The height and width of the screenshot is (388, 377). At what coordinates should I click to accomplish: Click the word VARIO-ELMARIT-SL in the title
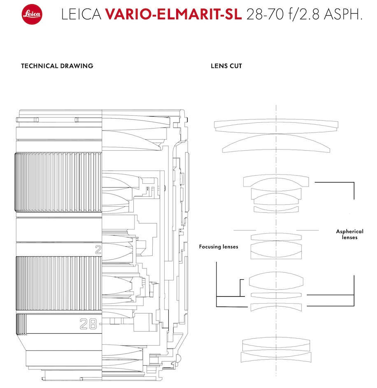point(173,15)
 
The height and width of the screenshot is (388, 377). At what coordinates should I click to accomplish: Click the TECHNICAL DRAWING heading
point(57,66)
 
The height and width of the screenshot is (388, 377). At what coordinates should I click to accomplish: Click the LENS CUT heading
point(226,66)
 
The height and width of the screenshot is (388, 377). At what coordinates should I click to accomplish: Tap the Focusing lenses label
point(219,247)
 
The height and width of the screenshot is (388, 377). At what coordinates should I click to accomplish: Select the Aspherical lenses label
point(349,234)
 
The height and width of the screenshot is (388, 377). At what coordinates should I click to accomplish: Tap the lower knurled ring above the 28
point(58,284)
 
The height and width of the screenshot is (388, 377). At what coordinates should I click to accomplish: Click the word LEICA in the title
point(81,15)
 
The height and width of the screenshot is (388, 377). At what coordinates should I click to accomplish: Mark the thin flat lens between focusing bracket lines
point(276,295)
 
